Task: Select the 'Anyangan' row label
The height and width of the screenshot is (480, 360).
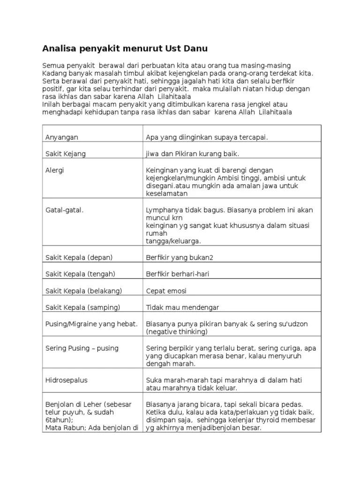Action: (61, 137)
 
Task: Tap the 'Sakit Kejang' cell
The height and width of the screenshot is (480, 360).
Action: (65, 154)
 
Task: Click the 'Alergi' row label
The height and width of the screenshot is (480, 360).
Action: (55, 170)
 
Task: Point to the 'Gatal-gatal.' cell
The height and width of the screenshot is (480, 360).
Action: (64, 210)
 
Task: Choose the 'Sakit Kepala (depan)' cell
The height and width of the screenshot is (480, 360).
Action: (79, 257)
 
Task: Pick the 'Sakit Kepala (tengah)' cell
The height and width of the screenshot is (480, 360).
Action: (80, 274)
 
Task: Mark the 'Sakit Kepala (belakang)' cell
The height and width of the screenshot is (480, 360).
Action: (83, 291)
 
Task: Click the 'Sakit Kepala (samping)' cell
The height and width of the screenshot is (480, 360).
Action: (82, 307)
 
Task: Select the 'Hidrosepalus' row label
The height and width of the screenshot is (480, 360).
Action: (66, 381)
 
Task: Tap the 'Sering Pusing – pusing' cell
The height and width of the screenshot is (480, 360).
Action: (82, 348)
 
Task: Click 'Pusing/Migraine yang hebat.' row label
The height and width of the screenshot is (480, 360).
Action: (91, 324)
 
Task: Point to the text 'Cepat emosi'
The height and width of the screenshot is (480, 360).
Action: (166, 291)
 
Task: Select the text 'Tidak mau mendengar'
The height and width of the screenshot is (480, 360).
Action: (182, 307)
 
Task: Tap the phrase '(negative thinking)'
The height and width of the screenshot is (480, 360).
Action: (177, 332)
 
